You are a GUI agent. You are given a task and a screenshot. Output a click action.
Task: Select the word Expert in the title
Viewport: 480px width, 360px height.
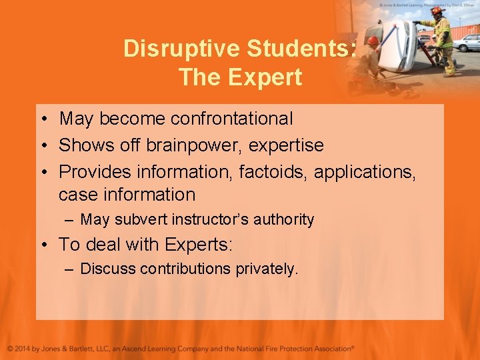coord(262,77)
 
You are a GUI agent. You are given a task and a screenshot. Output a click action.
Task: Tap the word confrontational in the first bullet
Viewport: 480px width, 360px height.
coord(231,119)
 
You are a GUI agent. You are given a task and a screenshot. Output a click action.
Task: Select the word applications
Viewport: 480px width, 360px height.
coord(365,171)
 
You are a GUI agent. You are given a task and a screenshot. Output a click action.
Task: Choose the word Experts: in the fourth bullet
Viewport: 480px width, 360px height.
coord(197,244)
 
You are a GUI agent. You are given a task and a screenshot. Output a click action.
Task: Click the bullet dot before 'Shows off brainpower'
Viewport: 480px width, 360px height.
coord(42,146)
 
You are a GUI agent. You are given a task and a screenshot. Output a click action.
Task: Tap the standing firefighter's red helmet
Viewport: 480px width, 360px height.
coord(437,11)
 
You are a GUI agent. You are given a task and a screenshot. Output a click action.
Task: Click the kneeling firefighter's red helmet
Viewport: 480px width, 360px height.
coord(373,41)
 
